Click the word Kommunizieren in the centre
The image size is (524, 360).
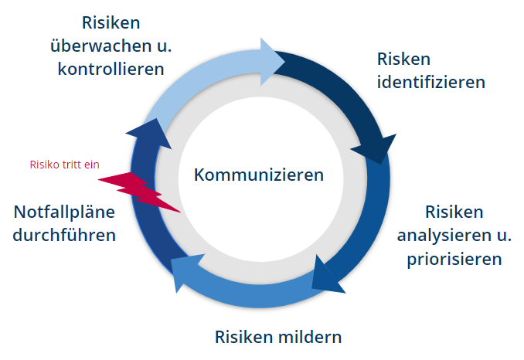(259, 175)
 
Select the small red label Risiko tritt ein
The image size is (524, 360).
(64, 164)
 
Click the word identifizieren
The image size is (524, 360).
(431, 81)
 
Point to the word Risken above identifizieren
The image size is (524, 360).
(403, 59)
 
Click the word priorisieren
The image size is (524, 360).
(454, 257)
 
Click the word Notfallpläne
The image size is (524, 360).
(65, 211)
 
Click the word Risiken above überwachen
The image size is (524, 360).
(111, 23)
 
